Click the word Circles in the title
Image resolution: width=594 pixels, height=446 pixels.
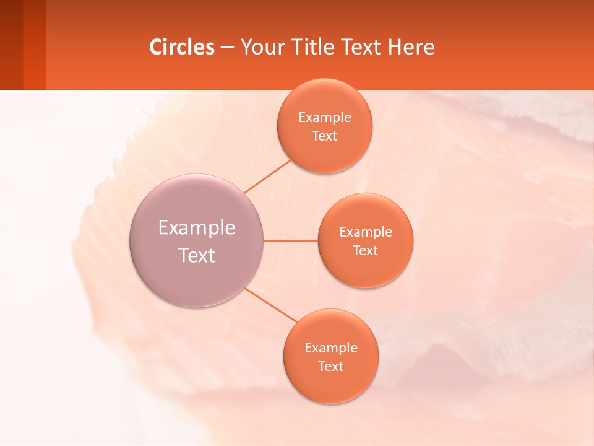pyautogui.click(x=182, y=47)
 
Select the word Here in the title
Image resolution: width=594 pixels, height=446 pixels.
pyautogui.click(x=411, y=47)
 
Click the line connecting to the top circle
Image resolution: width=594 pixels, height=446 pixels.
pyautogui.click(x=267, y=177)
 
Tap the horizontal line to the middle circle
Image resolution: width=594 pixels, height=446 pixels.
pyautogui.click(x=290, y=240)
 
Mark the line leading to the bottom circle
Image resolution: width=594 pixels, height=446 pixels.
pyautogui.click(x=270, y=304)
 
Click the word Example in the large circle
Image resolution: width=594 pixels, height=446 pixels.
pyautogui.click(x=197, y=228)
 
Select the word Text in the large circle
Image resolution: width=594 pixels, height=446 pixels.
pyautogui.click(x=197, y=255)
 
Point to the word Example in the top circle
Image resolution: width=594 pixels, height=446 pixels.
pyautogui.click(x=325, y=118)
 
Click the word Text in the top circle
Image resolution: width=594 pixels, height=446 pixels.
pyautogui.click(x=324, y=136)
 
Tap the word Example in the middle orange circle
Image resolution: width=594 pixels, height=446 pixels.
pyautogui.click(x=366, y=232)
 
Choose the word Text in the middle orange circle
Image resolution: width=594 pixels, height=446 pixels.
pyautogui.click(x=365, y=251)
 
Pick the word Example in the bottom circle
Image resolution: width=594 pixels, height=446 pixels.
pyautogui.click(x=331, y=348)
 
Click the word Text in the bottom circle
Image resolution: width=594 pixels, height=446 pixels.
pyautogui.click(x=330, y=367)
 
